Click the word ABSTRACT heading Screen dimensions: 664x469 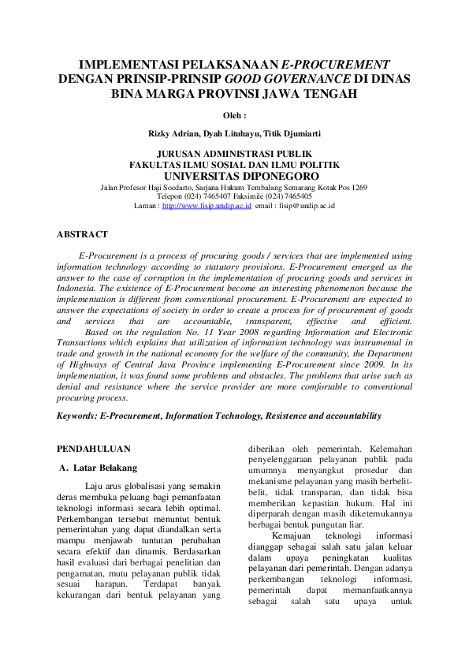point(82,234)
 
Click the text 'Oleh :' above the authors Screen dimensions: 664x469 point(235,115)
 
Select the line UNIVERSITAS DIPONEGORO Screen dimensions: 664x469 point(235,176)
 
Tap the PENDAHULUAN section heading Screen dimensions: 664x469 point(94,449)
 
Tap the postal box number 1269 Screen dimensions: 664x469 point(359,188)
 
